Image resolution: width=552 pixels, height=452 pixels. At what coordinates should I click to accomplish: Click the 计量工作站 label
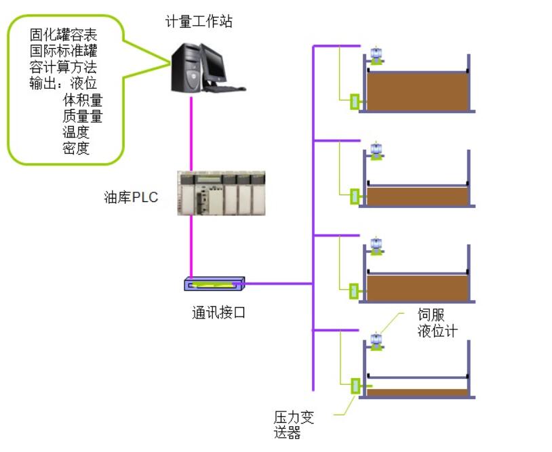[x=199, y=22]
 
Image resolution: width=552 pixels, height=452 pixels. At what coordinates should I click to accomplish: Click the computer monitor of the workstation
[x=214, y=63]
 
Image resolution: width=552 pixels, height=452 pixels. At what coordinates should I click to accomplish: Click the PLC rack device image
[x=221, y=194]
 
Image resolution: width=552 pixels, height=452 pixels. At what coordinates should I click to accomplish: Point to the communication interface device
[x=214, y=283]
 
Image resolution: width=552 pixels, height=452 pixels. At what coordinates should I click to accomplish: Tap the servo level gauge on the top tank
[x=375, y=55]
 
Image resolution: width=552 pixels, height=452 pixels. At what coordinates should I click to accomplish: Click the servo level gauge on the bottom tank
[x=375, y=340]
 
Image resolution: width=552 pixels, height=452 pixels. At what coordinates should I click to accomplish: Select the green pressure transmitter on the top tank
[x=354, y=102]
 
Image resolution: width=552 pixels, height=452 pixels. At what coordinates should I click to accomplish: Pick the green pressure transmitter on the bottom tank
[x=354, y=386]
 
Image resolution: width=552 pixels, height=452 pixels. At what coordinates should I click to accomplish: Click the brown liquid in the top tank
[x=417, y=91]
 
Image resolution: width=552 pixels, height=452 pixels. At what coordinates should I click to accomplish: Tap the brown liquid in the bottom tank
[x=417, y=392]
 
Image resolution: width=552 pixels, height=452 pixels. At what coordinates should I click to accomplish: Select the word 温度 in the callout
[x=76, y=133]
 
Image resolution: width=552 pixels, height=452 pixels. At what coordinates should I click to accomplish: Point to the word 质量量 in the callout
[x=82, y=117]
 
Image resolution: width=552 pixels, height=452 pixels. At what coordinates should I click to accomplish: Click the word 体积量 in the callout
[x=82, y=100]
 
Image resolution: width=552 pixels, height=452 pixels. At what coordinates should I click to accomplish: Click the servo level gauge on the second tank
[x=375, y=150]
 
